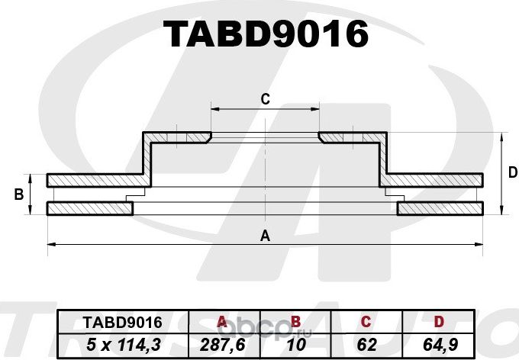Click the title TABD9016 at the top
click(266, 34)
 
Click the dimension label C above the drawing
click(265, 98)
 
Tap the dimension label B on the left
click(18, 195)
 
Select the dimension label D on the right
click(512, 173)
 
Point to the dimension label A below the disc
click(265, 235)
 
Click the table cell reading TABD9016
click(111, 322)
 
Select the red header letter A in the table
click(223, 322)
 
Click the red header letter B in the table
click(296, 322)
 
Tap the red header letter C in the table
click(366, 322)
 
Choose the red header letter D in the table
click(438, 322)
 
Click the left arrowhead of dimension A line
click(51, 244)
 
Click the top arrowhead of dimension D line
click(501, 137)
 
